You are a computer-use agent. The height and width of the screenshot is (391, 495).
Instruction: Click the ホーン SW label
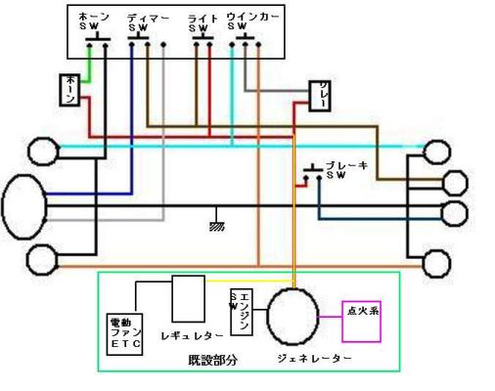pos(94,22)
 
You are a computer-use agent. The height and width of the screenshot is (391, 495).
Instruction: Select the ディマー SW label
pos(149,22)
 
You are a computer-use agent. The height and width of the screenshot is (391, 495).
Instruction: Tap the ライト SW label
pos(202,22)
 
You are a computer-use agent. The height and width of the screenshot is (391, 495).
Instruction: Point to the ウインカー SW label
pos(252,22)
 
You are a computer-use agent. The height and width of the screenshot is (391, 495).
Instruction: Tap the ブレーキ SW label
pos(347,170)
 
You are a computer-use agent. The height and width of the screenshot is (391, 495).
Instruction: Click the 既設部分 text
pos(212,360)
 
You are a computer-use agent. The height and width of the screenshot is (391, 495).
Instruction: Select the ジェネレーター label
pos(314,359)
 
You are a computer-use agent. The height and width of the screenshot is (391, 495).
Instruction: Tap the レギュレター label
pos(193,335)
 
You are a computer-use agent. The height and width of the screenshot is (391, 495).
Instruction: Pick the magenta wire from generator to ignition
pos(330,317)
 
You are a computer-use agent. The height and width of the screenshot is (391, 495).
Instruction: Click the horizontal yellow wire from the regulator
pos(249,281)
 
